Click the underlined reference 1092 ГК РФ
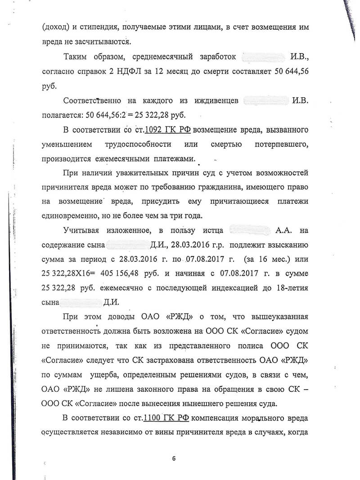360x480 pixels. (167, 130)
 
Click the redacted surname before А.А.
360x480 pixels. (249, 231)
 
